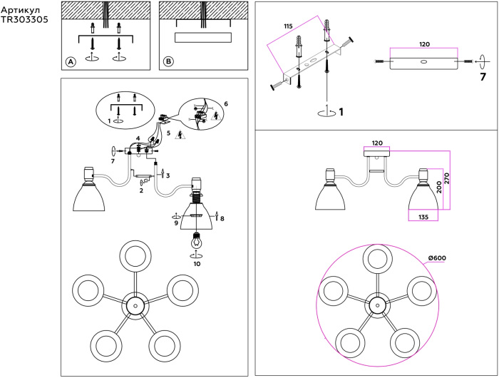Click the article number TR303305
tap(25, 20)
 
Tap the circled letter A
tap(71, 62)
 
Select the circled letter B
tap(168, 62)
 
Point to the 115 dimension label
tap(287, 26)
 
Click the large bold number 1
tap(341, 112)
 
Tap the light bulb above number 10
tap(194, 240)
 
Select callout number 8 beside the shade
tap(222, 218)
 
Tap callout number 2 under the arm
tap(141, 190)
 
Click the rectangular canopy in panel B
tap(202, 38)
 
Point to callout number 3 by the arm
tap(168, 175)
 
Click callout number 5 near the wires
tap(169, 133)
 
